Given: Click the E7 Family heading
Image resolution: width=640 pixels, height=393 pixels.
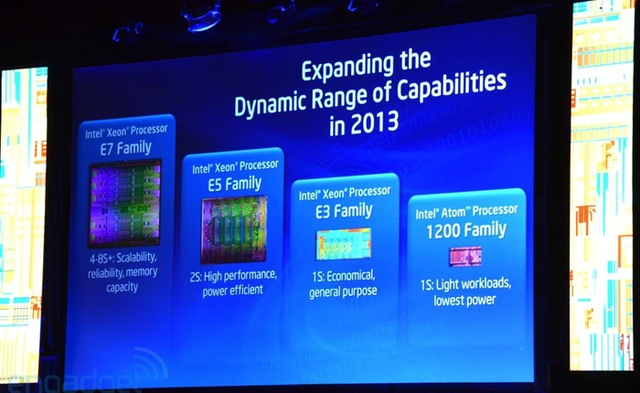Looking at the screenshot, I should pos(123,146).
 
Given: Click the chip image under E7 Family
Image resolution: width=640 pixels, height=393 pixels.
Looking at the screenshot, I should pos(124,204).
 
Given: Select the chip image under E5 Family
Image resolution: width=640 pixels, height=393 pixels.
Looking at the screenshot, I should pos(233,230).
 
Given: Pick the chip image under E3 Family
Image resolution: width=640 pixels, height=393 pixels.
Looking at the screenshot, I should pos(343,244).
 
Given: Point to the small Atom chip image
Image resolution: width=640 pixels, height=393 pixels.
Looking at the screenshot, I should pos(464,257).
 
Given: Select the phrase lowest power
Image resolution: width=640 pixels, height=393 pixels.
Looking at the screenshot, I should pos(466,299).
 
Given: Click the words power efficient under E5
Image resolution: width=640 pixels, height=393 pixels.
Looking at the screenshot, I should pos(234,290).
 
